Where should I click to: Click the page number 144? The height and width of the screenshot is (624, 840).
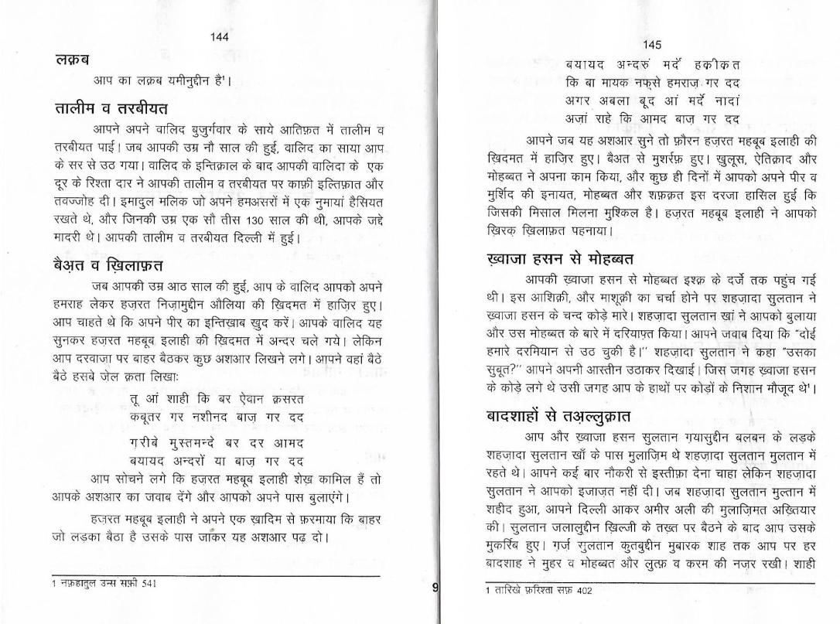tap(219, 36)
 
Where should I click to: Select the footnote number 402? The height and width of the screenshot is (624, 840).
tap(583, 590)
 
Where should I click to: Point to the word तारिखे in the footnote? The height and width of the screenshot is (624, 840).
tap(506, 590)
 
